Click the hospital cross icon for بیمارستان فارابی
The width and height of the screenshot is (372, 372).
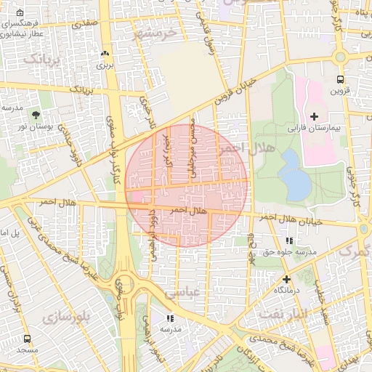point(314,116)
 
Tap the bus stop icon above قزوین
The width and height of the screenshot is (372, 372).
point(341,80)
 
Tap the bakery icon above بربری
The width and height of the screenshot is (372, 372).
point(105,54)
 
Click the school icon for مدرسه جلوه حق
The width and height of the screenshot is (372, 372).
point(289,240)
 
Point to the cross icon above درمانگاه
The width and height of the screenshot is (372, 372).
point(286,279)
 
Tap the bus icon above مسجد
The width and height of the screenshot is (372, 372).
point(28,339)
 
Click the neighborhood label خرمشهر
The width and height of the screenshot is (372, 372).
point(155,33)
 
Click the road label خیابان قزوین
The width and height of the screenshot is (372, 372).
point(237,92)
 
